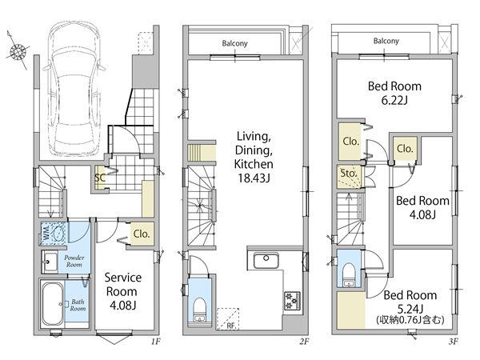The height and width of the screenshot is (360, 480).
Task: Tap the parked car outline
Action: pos(74,90)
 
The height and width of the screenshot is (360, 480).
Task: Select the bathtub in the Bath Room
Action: pos(53,304)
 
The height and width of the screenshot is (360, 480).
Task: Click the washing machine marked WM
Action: pos(54,234)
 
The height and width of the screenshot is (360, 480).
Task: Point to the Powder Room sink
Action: pos(50,262)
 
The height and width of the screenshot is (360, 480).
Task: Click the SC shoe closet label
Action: pos(100,178)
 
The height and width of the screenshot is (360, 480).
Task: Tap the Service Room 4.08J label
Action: pos(123,291)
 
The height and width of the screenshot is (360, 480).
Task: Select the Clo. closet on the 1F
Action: pos(142,234)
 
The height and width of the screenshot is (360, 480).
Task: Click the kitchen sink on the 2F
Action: pos(266,260)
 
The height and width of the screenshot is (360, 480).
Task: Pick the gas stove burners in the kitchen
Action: pos(292,301)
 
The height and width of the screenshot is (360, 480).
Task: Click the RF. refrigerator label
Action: pos(232,326)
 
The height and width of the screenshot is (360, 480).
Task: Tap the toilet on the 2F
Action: pos(199,309)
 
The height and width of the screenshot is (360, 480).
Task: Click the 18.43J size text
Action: pos(254,178)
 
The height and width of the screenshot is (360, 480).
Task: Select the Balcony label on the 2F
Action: pos(234,43)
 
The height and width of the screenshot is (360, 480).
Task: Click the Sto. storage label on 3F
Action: pos(349,174)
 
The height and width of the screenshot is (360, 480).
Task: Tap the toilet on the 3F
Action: pos(349,275)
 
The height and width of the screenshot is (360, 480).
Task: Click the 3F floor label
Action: pos(454,341)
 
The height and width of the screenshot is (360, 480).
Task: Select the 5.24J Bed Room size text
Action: pos(410,309)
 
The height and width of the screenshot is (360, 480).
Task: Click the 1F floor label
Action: pos(155,341)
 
